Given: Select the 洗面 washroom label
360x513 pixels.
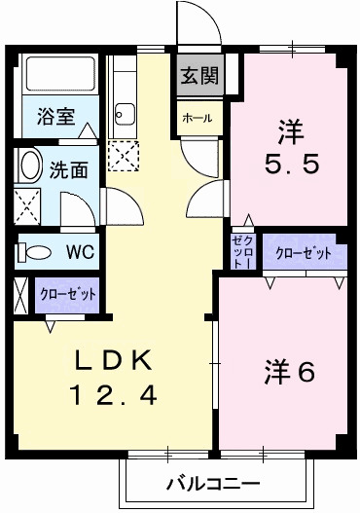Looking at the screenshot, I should (x=68, y=167).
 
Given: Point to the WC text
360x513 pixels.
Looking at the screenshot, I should (x=80, y=252).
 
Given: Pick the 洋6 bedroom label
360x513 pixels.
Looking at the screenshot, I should (x=289, y=372).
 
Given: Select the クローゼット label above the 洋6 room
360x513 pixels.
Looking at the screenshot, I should (x=303, y=253).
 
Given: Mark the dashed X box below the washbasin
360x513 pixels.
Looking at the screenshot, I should (x=27, y=206).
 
